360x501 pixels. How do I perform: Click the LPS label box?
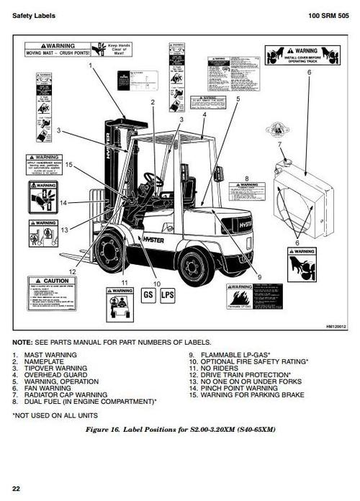tap(168, 295)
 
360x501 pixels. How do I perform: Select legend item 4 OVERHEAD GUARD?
tap(52, 375)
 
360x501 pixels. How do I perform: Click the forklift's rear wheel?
tap(195, 264)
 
